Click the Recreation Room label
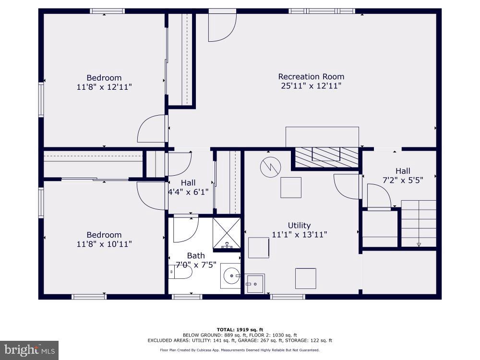pyautogui.click(x=311, y=76)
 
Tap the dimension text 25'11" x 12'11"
pyautogui.click(x=311, y=86)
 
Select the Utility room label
pyautogui.click(x=299, y=225)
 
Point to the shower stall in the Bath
pyautogui.click(x=226, y=233)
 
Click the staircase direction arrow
pyautogui.click(x=419, y=244)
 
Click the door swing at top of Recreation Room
pyautogui.click(x=221, y=27)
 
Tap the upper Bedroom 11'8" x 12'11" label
pyautogui.click(x=104, y=82)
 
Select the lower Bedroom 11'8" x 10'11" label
pyautogui.click(x=104, y=239)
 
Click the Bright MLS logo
pyautogui.click(x=29, y=350)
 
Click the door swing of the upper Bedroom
pyautogui.click(x=152, y=129)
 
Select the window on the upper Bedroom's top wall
pyautogui.click(x=107, y=11)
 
